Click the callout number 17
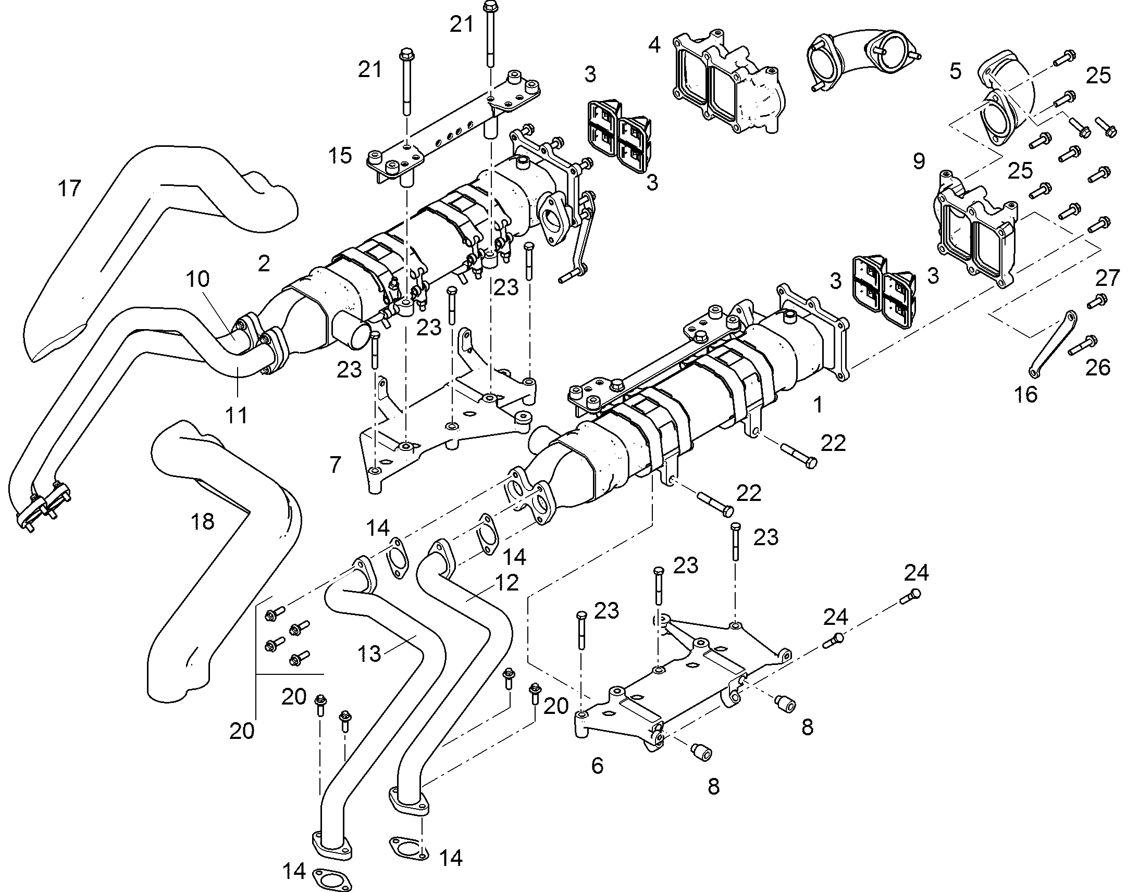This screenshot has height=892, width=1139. point(69,188)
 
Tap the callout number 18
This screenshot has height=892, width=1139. point(203,521)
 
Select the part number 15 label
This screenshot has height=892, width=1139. point(340,155)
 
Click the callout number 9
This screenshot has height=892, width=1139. point(919,160)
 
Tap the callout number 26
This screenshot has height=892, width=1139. point(1097,368)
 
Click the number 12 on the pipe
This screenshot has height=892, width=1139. point(506,582)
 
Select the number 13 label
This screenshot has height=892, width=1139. point(369,654)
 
